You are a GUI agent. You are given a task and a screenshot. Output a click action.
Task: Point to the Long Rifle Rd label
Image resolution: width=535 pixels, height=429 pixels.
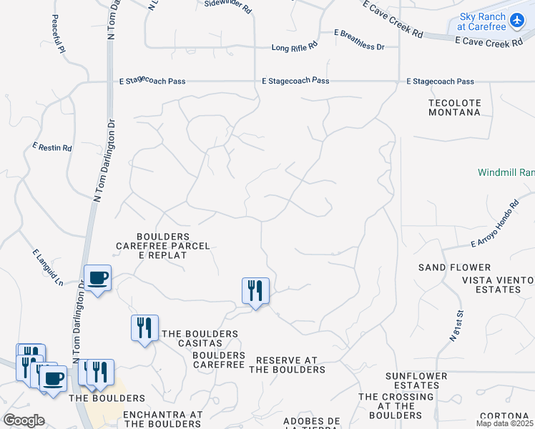[295, 48]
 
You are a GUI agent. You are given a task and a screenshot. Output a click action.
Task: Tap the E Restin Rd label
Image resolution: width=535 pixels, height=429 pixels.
[52, 148]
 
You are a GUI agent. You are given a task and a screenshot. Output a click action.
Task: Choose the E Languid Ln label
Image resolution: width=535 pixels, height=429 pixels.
[47, 267]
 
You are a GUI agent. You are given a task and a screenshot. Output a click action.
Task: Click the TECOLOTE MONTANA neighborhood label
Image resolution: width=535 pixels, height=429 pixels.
[454, 107]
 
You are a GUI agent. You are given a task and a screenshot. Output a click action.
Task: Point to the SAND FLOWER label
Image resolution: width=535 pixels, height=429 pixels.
[445, 267]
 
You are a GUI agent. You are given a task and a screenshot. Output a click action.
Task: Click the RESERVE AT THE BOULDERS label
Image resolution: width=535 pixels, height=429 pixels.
[286, 365]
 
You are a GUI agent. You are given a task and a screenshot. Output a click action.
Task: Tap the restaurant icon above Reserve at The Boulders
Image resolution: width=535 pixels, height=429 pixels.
[255, 290]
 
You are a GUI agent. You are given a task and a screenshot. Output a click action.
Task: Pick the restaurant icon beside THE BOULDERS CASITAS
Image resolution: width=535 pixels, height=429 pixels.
[144, 327]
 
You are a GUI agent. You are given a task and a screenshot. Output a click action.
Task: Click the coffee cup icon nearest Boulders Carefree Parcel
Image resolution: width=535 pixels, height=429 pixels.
[97, 277]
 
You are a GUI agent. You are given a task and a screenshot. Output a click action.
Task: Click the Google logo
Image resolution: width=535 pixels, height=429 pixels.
[24, 420]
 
